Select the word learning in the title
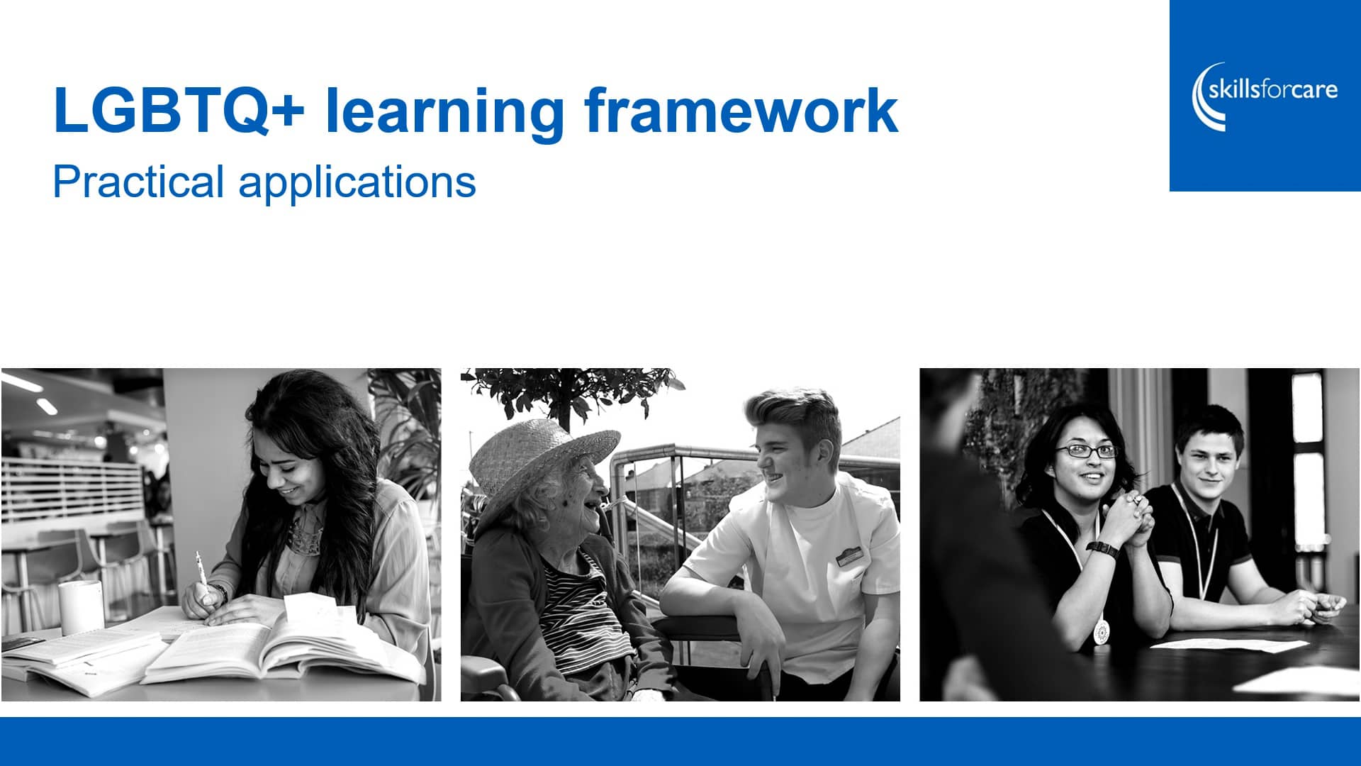[444, 111]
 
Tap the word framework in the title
[741, 111]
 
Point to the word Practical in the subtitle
[139, 182]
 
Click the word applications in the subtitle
[357, 183]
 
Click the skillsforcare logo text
[1273, 90]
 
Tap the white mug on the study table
[81, 607]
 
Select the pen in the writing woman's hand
[201, 571]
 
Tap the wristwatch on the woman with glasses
[1103, 548]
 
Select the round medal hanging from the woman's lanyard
[1100, 631]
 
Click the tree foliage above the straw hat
[574, 390]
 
